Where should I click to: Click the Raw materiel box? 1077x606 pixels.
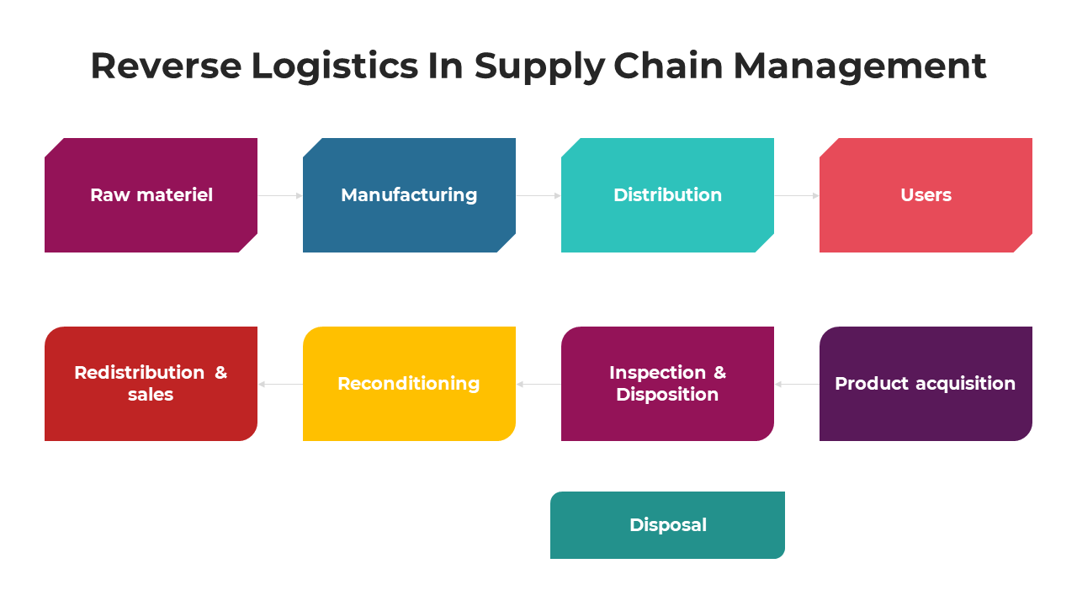pyautogui.click(x=151, y=195)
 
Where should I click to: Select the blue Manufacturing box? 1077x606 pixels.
pyautogui.click(x=409, y=195)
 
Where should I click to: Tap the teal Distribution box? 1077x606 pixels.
pyautogui.click(x=667, y=195)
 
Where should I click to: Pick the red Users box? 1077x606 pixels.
pyautogui.click(x=926, y=195)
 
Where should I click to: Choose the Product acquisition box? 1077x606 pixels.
pyautogui.click(x=926, y=384)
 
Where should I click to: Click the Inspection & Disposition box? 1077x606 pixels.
pyautogui.click(x=667, y=384)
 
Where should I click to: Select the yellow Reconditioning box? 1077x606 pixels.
pyautogui.click(x=409, y=384)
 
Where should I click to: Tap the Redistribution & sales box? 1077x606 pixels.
pyautogui.click(x=151, y=384)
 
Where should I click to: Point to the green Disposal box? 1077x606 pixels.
pyautogui.click(x=667, y=525)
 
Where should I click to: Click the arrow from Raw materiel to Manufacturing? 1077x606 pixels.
pyautogui.click(x=280, y=195)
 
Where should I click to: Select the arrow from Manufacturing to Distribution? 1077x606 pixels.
pyautogui.click(x=538, y=195)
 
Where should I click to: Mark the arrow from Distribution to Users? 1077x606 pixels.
pyautogui.click(x=797, y=195)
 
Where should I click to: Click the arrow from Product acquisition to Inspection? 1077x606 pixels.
pyautogui.click(x=797, y=384)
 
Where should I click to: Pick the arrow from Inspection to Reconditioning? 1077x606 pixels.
pyautogui.click(x=538, y=384)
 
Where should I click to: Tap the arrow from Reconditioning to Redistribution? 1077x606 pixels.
pyautogui.click(x=280, y=384)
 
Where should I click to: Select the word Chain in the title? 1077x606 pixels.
pyautogui.click(x=668, y=66)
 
